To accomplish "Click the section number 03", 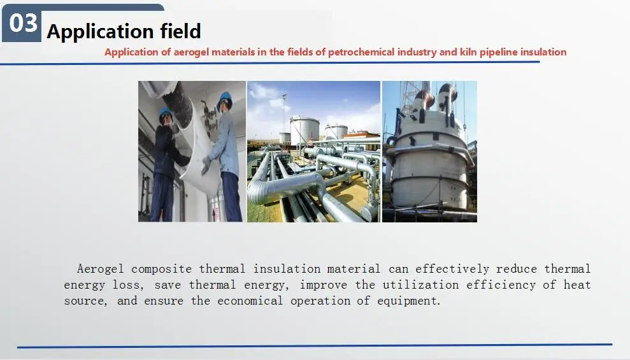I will point(24,24).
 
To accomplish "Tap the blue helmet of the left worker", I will point(166,113).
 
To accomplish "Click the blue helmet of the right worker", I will point(225,98).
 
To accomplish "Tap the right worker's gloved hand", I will point(206,165).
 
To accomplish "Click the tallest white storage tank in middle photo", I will point(304,129).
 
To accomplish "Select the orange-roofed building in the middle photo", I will point(361,134).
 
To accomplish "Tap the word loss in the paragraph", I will point(124,285).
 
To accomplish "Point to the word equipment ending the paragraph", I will point(409,301).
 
